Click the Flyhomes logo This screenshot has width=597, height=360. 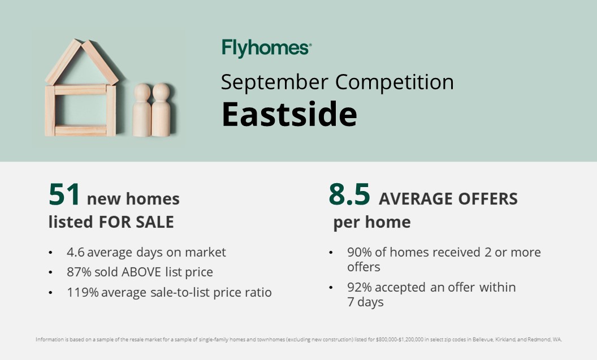(x=266, y=49)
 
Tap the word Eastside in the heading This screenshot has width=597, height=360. (x=289, y=114)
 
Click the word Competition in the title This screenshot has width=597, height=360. (x=395, y=82)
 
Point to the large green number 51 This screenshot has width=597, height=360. (x=64, y=195)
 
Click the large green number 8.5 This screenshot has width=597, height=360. (x=349, y=194)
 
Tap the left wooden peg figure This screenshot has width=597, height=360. (x=142, y=110)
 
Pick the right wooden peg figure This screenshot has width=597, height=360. (x=161, y=110)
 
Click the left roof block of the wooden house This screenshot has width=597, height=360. (x=63, y=62)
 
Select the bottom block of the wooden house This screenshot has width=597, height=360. (x=80, y=130)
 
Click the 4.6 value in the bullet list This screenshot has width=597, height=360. (x=75, y=252)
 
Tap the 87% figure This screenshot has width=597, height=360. (x=79, y=272)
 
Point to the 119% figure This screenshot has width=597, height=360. (x=83, y=292)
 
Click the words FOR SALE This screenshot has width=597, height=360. (x=136, y=222)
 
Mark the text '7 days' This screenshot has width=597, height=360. (x=365, y=302)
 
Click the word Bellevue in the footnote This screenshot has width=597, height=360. (x=483, y=340)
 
